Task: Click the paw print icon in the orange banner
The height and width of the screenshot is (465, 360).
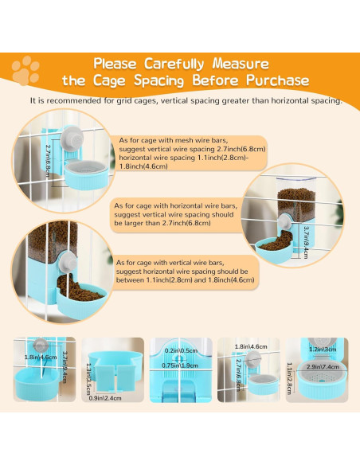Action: click(25, 71)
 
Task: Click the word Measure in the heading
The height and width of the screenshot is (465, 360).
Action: click(241, 64)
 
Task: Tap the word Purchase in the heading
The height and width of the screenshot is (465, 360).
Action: click(277, 80)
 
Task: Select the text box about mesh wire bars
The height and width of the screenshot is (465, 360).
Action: click(189, 153)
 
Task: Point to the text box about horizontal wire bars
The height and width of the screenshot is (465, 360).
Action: click(177, 214)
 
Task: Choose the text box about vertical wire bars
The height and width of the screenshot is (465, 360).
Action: click(186, 272)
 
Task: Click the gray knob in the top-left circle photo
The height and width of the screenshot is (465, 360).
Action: click(72, 139)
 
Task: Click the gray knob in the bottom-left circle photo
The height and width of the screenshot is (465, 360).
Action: click(68, 264)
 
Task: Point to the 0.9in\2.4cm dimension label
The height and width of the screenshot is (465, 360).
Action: click(105, 398)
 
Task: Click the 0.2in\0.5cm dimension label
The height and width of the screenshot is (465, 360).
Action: click(181, 351)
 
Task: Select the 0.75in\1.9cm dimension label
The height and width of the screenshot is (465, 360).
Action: click(180, 365)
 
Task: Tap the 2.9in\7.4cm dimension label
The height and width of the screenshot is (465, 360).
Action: click(323, 367)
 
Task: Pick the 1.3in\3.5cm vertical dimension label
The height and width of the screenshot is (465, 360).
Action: click(88, 379)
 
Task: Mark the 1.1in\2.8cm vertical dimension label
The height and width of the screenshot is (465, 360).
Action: click(290, 378)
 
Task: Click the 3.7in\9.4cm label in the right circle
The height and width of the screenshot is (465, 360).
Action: click(307, 243)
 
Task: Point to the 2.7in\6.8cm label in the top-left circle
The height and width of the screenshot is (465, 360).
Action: click(48, 161)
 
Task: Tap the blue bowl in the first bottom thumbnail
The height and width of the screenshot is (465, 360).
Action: click(37, 385)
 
